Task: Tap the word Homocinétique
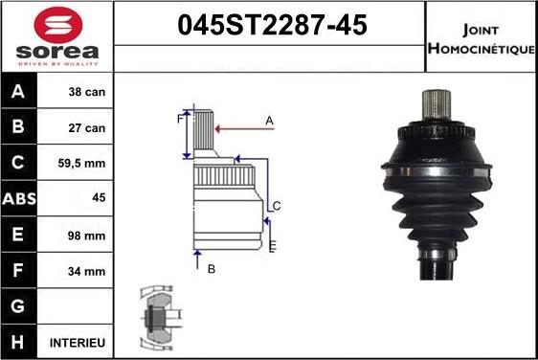482,49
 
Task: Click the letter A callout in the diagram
270,120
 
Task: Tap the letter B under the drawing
212,269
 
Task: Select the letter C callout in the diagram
276,206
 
